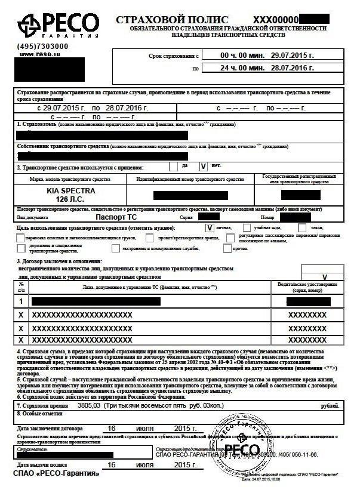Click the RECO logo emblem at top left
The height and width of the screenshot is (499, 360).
[x=29, y=25]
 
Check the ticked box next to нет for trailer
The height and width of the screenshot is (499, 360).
[x=203, y=167]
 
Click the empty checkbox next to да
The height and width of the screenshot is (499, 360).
[x=174, y=167]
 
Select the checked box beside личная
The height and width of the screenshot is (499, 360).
[x=210, y=227]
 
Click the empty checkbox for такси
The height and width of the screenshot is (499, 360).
[x=302, y=227]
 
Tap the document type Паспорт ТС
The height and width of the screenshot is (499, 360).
[x=116, y=218]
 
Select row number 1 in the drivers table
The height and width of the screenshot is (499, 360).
[x=21, y=301]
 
